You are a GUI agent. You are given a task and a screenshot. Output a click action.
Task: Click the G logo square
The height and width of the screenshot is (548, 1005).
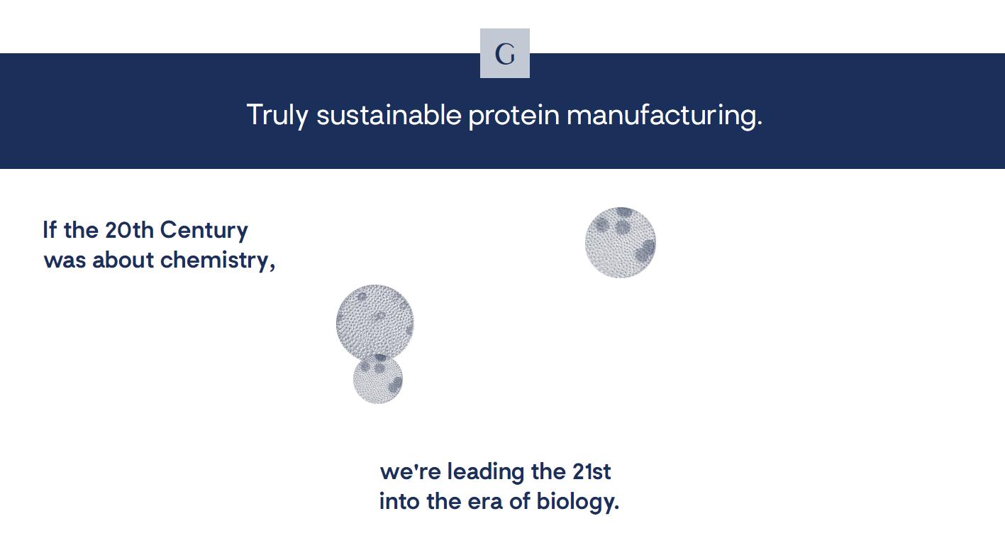click(505, 53)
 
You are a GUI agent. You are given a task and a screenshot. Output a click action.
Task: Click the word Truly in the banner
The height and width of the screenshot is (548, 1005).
click(277, 116)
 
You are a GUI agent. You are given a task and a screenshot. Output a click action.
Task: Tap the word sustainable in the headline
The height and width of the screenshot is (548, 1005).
click(389, 114)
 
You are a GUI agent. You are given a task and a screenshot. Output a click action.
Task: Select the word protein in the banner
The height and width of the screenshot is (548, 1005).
click(514, 116)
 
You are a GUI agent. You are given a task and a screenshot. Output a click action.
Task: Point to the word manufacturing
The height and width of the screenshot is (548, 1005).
click(665, 116)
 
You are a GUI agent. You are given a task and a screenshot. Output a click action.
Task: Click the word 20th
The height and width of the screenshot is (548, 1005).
click(129, 230)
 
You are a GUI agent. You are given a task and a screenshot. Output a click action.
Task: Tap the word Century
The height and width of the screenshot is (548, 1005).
click(204, 231)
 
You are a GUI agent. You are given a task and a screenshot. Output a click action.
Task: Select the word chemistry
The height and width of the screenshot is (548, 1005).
click(218, 261)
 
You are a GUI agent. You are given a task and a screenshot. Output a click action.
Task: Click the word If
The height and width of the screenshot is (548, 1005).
click(50, 230)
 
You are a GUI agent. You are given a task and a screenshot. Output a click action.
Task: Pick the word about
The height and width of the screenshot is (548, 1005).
click(123, 260)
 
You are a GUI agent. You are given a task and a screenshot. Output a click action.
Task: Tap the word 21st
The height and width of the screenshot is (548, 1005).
click(592, 472)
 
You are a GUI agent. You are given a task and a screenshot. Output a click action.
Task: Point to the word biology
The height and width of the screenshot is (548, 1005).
click(578, 502)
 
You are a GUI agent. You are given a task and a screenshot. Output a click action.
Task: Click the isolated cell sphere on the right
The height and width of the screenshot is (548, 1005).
click(621, 243)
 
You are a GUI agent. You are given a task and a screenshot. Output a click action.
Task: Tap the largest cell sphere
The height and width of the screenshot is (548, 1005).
click(375, 322)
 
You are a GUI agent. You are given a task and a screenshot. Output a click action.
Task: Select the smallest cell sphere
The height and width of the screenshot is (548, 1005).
click(378, 378)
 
